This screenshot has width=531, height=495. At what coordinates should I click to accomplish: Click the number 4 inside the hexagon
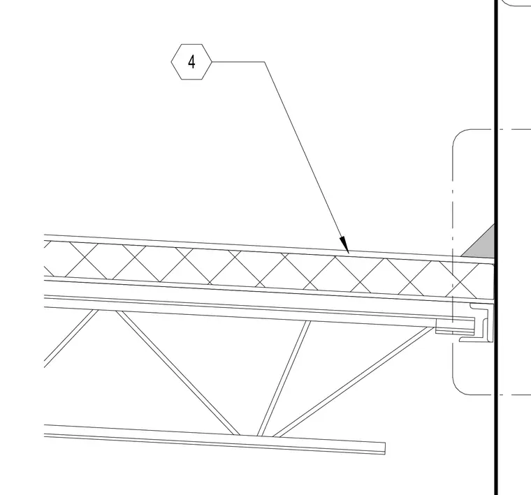tap(191, 62)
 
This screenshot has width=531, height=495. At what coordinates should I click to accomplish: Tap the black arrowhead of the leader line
tap(344, 244)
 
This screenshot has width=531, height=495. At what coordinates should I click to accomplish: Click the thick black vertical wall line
tap(497, 247)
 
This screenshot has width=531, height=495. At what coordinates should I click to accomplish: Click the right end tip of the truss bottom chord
tap(385, 448)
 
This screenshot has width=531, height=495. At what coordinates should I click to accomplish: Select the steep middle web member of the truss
tap(284, 378)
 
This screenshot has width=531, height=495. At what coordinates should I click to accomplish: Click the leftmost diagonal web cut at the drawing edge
tap(71, 339)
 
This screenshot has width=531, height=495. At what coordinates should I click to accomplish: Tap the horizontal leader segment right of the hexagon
tap(238, 62)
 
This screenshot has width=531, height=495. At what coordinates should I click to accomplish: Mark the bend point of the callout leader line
tap(265, 62)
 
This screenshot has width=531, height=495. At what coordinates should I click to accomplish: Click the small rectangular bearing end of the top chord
tap(444, 327)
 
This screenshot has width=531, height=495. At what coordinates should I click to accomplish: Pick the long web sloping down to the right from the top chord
tap(177, 373)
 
